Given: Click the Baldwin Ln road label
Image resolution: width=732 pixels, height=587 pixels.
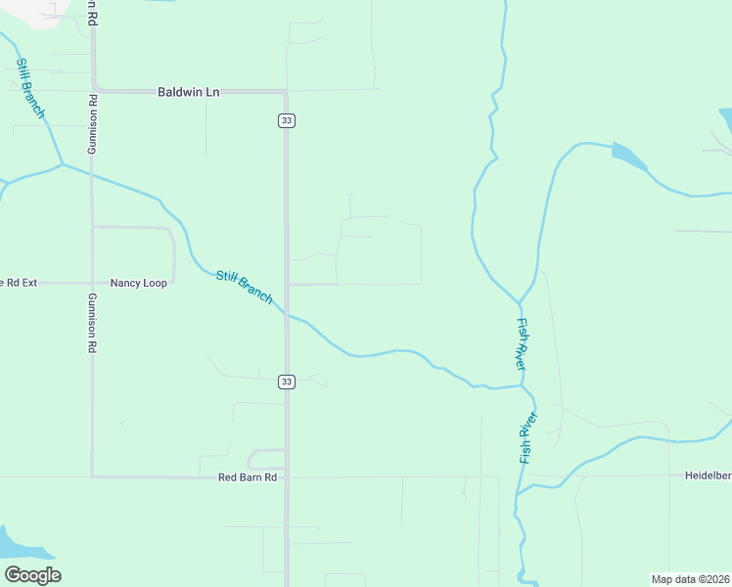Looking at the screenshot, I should [x=189, y=92].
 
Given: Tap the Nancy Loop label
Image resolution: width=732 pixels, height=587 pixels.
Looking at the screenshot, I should [x=138, y=283].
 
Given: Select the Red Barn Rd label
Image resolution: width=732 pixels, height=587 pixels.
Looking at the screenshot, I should [x=248, y=477].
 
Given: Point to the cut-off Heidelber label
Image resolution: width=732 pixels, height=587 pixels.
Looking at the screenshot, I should [x=707, y=475].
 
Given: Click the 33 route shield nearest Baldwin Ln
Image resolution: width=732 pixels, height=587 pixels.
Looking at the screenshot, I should [x=286, y=120].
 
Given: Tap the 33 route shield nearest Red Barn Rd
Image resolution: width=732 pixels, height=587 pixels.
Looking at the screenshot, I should [x=286, y=381].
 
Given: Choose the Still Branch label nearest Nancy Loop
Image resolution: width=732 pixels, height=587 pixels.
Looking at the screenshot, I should [x=244, y=287].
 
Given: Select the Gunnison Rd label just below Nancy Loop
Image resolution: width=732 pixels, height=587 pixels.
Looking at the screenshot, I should [x=92, y=322].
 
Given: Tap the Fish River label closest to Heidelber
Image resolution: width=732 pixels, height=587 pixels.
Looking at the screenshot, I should [x=528, y=437].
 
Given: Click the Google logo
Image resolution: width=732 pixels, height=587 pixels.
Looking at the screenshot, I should [x=32, y=575].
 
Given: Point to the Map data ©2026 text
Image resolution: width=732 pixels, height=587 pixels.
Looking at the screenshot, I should [x=690, y=579].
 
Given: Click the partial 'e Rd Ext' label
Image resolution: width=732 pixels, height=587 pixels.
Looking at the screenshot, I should [x=19, y=283].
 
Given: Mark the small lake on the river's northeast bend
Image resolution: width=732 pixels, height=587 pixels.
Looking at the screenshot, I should [x=629, y=156].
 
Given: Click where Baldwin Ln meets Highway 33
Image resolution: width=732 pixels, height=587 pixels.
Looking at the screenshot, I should [x=286, y=92].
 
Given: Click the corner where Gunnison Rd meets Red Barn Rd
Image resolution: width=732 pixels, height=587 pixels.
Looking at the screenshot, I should [x=92, y=476].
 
